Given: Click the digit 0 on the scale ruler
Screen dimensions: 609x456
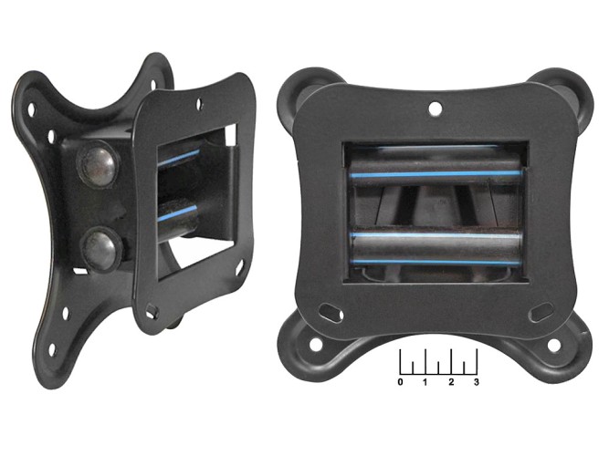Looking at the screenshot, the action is coord(401,382).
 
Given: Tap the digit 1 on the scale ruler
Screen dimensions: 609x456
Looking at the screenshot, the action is coord(425,382).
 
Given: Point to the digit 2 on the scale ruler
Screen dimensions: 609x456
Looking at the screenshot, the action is coord(451,382).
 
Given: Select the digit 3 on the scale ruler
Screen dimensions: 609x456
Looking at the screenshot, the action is coord(477,382).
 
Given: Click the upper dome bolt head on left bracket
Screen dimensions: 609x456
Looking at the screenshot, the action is coord(97,163).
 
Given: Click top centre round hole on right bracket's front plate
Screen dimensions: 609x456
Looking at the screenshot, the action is coord(435,108).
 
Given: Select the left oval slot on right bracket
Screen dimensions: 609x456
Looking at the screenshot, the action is coord(330,312).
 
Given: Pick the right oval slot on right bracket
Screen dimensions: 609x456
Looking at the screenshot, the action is coord(541,311).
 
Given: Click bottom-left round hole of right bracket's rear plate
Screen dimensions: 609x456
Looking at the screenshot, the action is coord(317,343).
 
